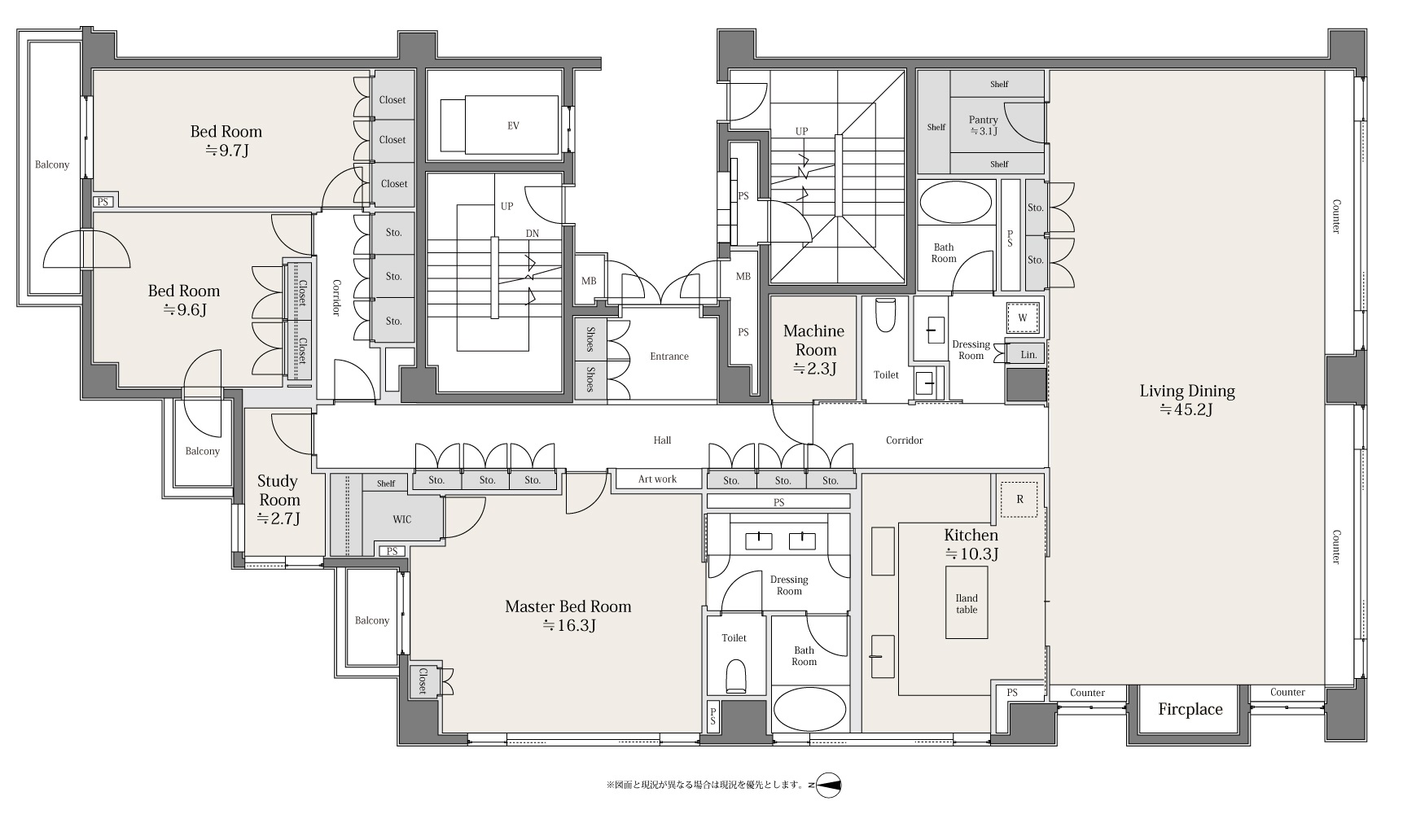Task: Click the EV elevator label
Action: pos(513,125)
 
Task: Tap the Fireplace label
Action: pos(1190,709)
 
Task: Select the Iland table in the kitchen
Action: pos(967,603)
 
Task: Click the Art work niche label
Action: pos(657,479)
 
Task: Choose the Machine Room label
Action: pos(813,340)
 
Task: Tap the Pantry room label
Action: pos(984,120)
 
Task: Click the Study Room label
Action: pos(278,490)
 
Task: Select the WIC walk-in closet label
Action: pos(402,519)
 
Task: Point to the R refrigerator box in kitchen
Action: pos(1019,500)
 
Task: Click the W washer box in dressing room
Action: pos(1023,317)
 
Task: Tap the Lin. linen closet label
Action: pos(1028,355)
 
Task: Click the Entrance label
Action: pos(669,357)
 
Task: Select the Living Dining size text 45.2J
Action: pos(1186,410)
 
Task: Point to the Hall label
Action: pos(663,440)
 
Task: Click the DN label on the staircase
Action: pos(532,233)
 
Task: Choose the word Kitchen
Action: pos(971,536)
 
